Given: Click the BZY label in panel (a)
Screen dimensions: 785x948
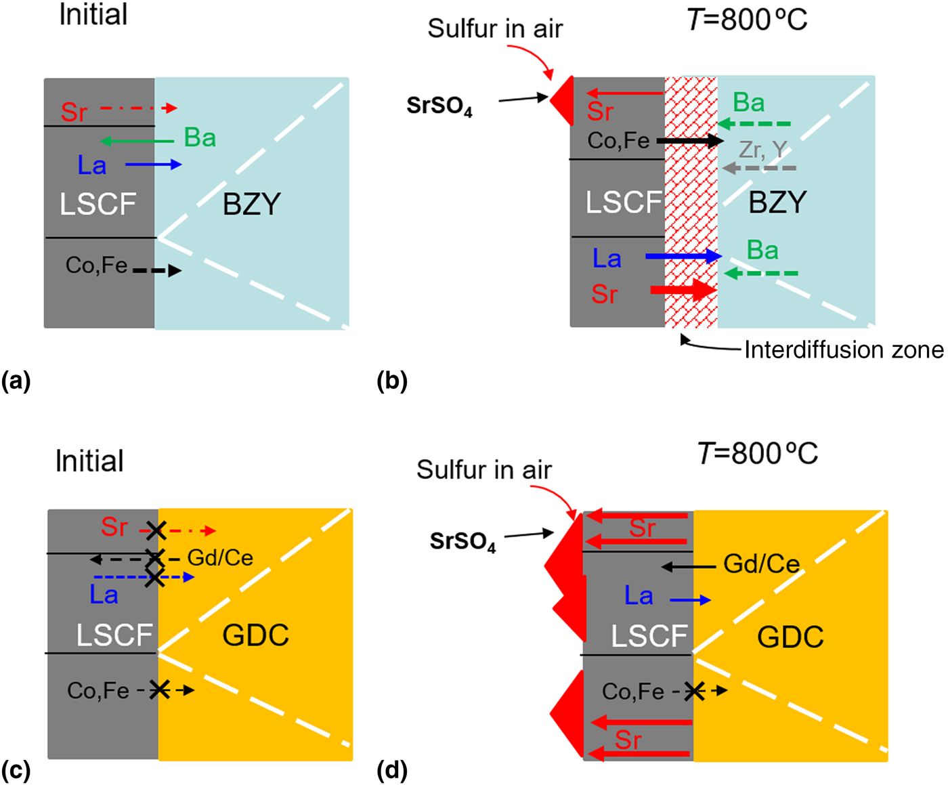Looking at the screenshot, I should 251,204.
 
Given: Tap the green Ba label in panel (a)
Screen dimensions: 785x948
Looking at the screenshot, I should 200,138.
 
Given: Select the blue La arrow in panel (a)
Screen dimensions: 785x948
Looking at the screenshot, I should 153,164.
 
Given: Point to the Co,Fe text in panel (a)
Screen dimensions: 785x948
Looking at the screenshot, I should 96,265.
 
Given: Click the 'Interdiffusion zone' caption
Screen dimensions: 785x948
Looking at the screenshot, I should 843,349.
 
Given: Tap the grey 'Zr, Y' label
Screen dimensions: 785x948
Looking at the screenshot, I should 762,149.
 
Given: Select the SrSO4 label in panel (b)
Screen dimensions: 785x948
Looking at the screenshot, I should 439,106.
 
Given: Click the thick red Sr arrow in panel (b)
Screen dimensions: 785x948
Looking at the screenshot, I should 683,290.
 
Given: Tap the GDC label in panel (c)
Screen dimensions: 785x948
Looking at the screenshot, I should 255,635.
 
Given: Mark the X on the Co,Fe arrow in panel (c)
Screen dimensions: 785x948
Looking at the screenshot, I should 160,690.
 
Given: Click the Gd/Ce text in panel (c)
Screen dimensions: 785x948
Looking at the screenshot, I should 220,558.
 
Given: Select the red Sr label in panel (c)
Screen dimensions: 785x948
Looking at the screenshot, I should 114,527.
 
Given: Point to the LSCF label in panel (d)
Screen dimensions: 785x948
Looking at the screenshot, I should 649,637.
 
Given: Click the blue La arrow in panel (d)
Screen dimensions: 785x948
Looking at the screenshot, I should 690,600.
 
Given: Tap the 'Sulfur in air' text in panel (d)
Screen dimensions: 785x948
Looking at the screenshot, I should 483,469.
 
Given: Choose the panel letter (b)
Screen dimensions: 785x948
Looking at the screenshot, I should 392,381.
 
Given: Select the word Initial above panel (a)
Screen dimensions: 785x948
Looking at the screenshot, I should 93,15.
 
